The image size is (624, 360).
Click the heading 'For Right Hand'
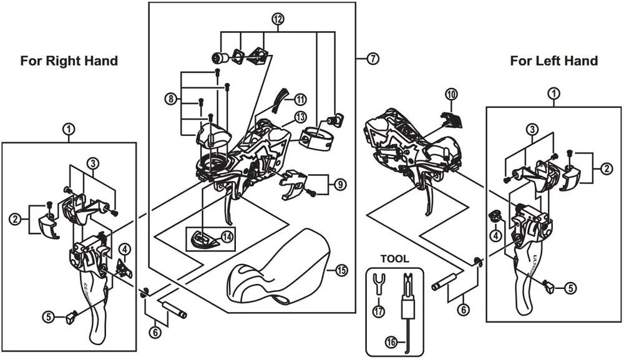69,61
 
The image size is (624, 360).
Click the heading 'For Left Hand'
553,61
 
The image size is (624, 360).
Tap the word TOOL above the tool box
394,258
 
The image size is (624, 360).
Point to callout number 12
278,19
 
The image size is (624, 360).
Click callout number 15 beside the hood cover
341,270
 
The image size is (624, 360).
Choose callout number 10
451,95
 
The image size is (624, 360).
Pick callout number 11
300,99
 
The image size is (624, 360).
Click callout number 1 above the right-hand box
69,129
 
